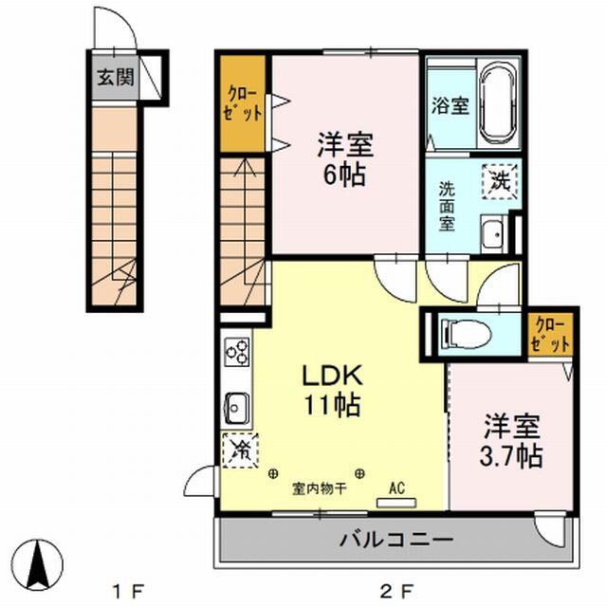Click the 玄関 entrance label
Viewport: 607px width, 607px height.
[114, 79]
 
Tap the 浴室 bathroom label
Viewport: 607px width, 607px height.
[451, 105]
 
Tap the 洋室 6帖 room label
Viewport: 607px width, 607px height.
[344, 159]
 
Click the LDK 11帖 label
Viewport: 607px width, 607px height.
[331, 390]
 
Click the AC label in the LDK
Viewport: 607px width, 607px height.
[396, 488]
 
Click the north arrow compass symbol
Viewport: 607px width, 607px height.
[39, 563]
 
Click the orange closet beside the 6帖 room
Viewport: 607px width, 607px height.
[242, 104]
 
